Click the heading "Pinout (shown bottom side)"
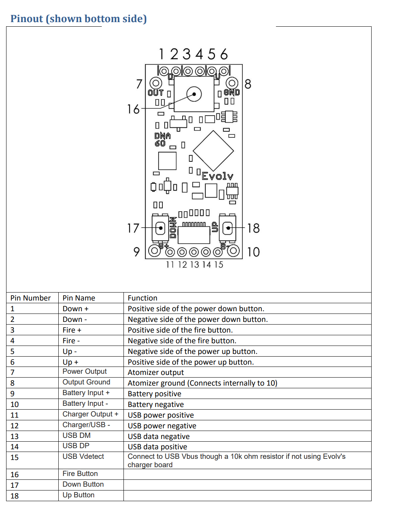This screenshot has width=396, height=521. pos(79,19)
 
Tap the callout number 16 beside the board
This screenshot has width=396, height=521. pos(133,109)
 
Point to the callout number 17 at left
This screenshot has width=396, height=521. pos(133,228)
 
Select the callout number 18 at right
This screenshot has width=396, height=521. pos(253,228)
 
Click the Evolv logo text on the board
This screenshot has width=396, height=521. pos(217,176)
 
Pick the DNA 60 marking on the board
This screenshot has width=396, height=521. pos(162,140)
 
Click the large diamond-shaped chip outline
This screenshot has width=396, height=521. pos(213,151)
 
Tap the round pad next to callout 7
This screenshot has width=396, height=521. pos(156,83)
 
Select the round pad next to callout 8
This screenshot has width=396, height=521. pos(232,83)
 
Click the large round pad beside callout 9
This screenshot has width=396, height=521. pos(154,251)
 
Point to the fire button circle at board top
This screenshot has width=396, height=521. pos(194,94)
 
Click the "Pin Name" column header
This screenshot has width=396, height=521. pos(79,298)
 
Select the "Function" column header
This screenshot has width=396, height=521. pos(143,298)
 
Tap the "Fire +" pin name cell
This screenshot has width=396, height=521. pos(72,330)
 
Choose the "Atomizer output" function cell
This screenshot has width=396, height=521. pos(156,372)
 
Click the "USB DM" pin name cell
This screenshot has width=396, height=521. pos(77,436)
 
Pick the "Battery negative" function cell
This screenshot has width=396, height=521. pos(156,404)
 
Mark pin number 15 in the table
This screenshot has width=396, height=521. pos(14,457)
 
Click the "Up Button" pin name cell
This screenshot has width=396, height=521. pos(79,495)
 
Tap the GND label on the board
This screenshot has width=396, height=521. pos(232,92)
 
